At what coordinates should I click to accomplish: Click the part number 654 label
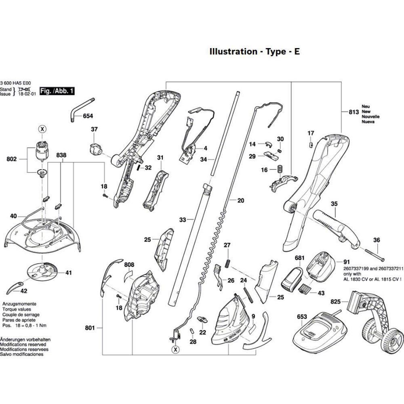[88, 116]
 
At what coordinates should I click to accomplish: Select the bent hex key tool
[82, 110]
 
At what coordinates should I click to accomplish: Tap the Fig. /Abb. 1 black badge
[57, 91]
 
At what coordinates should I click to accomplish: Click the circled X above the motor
[42, 129]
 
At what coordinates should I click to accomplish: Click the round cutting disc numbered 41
[42, 271]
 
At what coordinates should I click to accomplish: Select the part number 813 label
[354, 112]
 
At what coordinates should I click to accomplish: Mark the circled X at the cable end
[176, 349]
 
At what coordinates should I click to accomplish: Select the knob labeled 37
[95, 149]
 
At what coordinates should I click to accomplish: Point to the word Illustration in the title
[234, 52]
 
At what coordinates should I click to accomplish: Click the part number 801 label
[90, 328]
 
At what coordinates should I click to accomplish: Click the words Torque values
[17, 309]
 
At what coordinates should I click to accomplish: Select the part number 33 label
[183, 220]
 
